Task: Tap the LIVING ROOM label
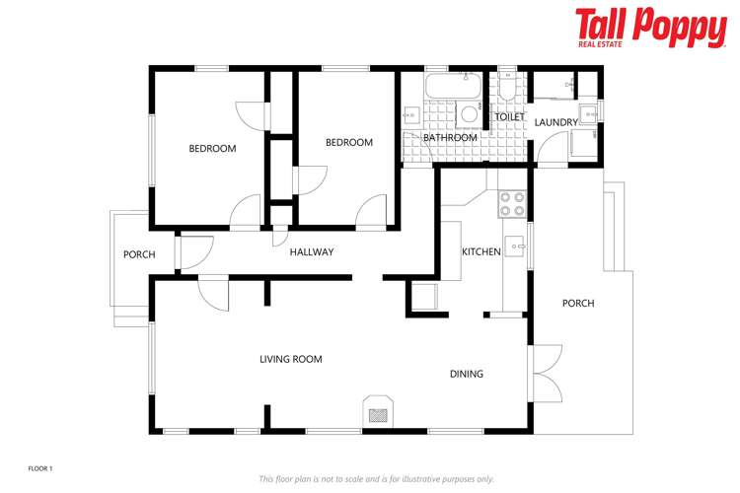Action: pyautogui.click(x=291, y=359)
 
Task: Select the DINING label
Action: pyautogui.click(x=467, y=374)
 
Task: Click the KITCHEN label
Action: pyautogui.click(x=481, y=252)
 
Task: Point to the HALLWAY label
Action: pyautogui.click(x=312, y=252)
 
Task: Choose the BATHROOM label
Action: pyautogui.click(x=450, y=138)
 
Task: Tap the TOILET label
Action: pyautogui.click(x=509, y=117)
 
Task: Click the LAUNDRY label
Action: pyautogui.click(x=556, y=122)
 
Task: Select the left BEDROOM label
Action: pyautogui.click(x=213, y=149)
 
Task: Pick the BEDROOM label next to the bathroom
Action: pyautogui.click(x=349, y=143)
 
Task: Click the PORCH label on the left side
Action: pyautogui.click(x=139, y=254)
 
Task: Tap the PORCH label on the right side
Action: pyautogui.click(x=578, y=303)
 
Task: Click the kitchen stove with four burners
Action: pyautogui.click(x=512, y=203)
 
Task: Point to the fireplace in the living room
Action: pyautogui.click(x=379, y=411)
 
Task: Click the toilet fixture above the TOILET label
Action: pyautogui.click(x=507, y=89)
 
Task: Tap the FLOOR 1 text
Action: pyautogui.click(x=39, y=467)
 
